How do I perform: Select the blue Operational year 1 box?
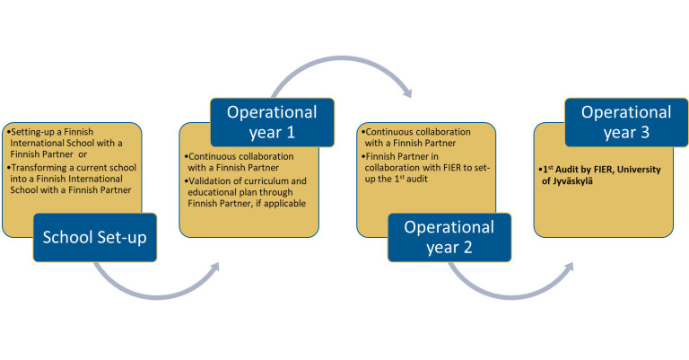pos(271,122)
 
